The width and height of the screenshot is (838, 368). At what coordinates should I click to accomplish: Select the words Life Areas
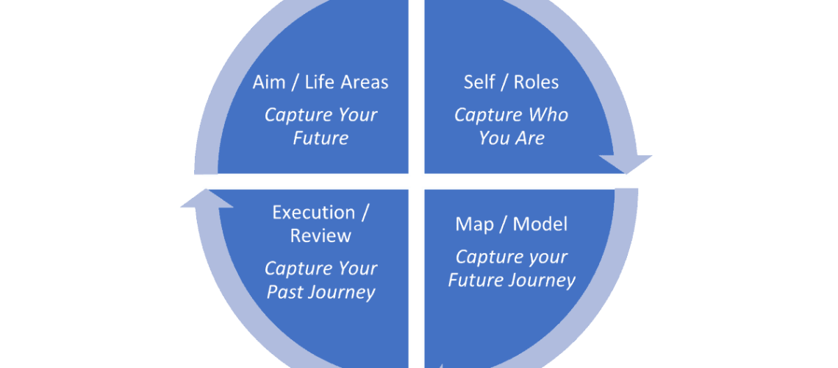click(x=348, y=82)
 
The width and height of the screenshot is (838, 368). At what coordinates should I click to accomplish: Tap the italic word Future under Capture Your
click(x=320, y=138)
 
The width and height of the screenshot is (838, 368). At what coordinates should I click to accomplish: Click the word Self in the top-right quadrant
click(x=479, y=82)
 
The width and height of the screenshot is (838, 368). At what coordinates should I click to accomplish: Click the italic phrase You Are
click(x=511, y=138)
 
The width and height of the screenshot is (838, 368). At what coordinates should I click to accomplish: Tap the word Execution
click(x=313, y=213)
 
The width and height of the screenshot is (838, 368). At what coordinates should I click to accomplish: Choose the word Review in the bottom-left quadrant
click(x=320, y=236)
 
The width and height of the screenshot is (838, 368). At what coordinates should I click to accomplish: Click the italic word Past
click(x=285, y=291)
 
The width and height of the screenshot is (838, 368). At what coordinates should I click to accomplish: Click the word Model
click(x=540, y=224)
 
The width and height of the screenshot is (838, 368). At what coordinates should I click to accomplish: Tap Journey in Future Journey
click(x=542, y=280)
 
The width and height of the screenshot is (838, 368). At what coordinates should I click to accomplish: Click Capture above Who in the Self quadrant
click(x=487, y=116)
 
